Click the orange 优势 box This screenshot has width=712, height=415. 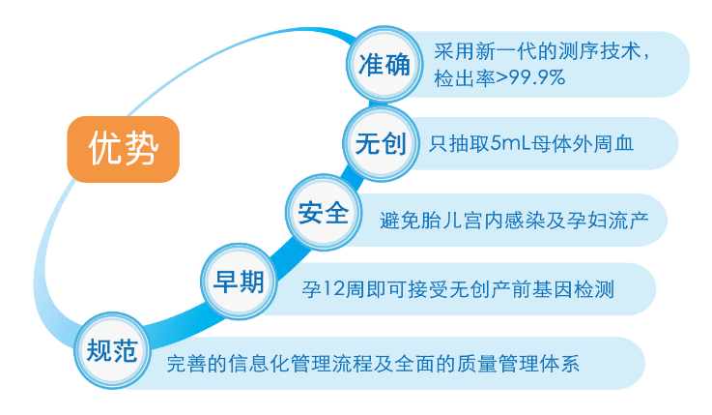coord(123,149)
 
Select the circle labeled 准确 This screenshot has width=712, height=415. coord(384,64)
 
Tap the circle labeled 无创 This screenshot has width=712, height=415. coord(381,143)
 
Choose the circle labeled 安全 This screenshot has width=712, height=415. coord(324,212)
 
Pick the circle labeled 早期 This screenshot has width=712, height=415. coord(239,282)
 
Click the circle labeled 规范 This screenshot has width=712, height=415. coord(112,350)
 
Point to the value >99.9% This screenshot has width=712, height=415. coord(530,77)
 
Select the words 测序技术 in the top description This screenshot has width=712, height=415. coord(600,51)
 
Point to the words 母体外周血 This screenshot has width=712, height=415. coord(583,143)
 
